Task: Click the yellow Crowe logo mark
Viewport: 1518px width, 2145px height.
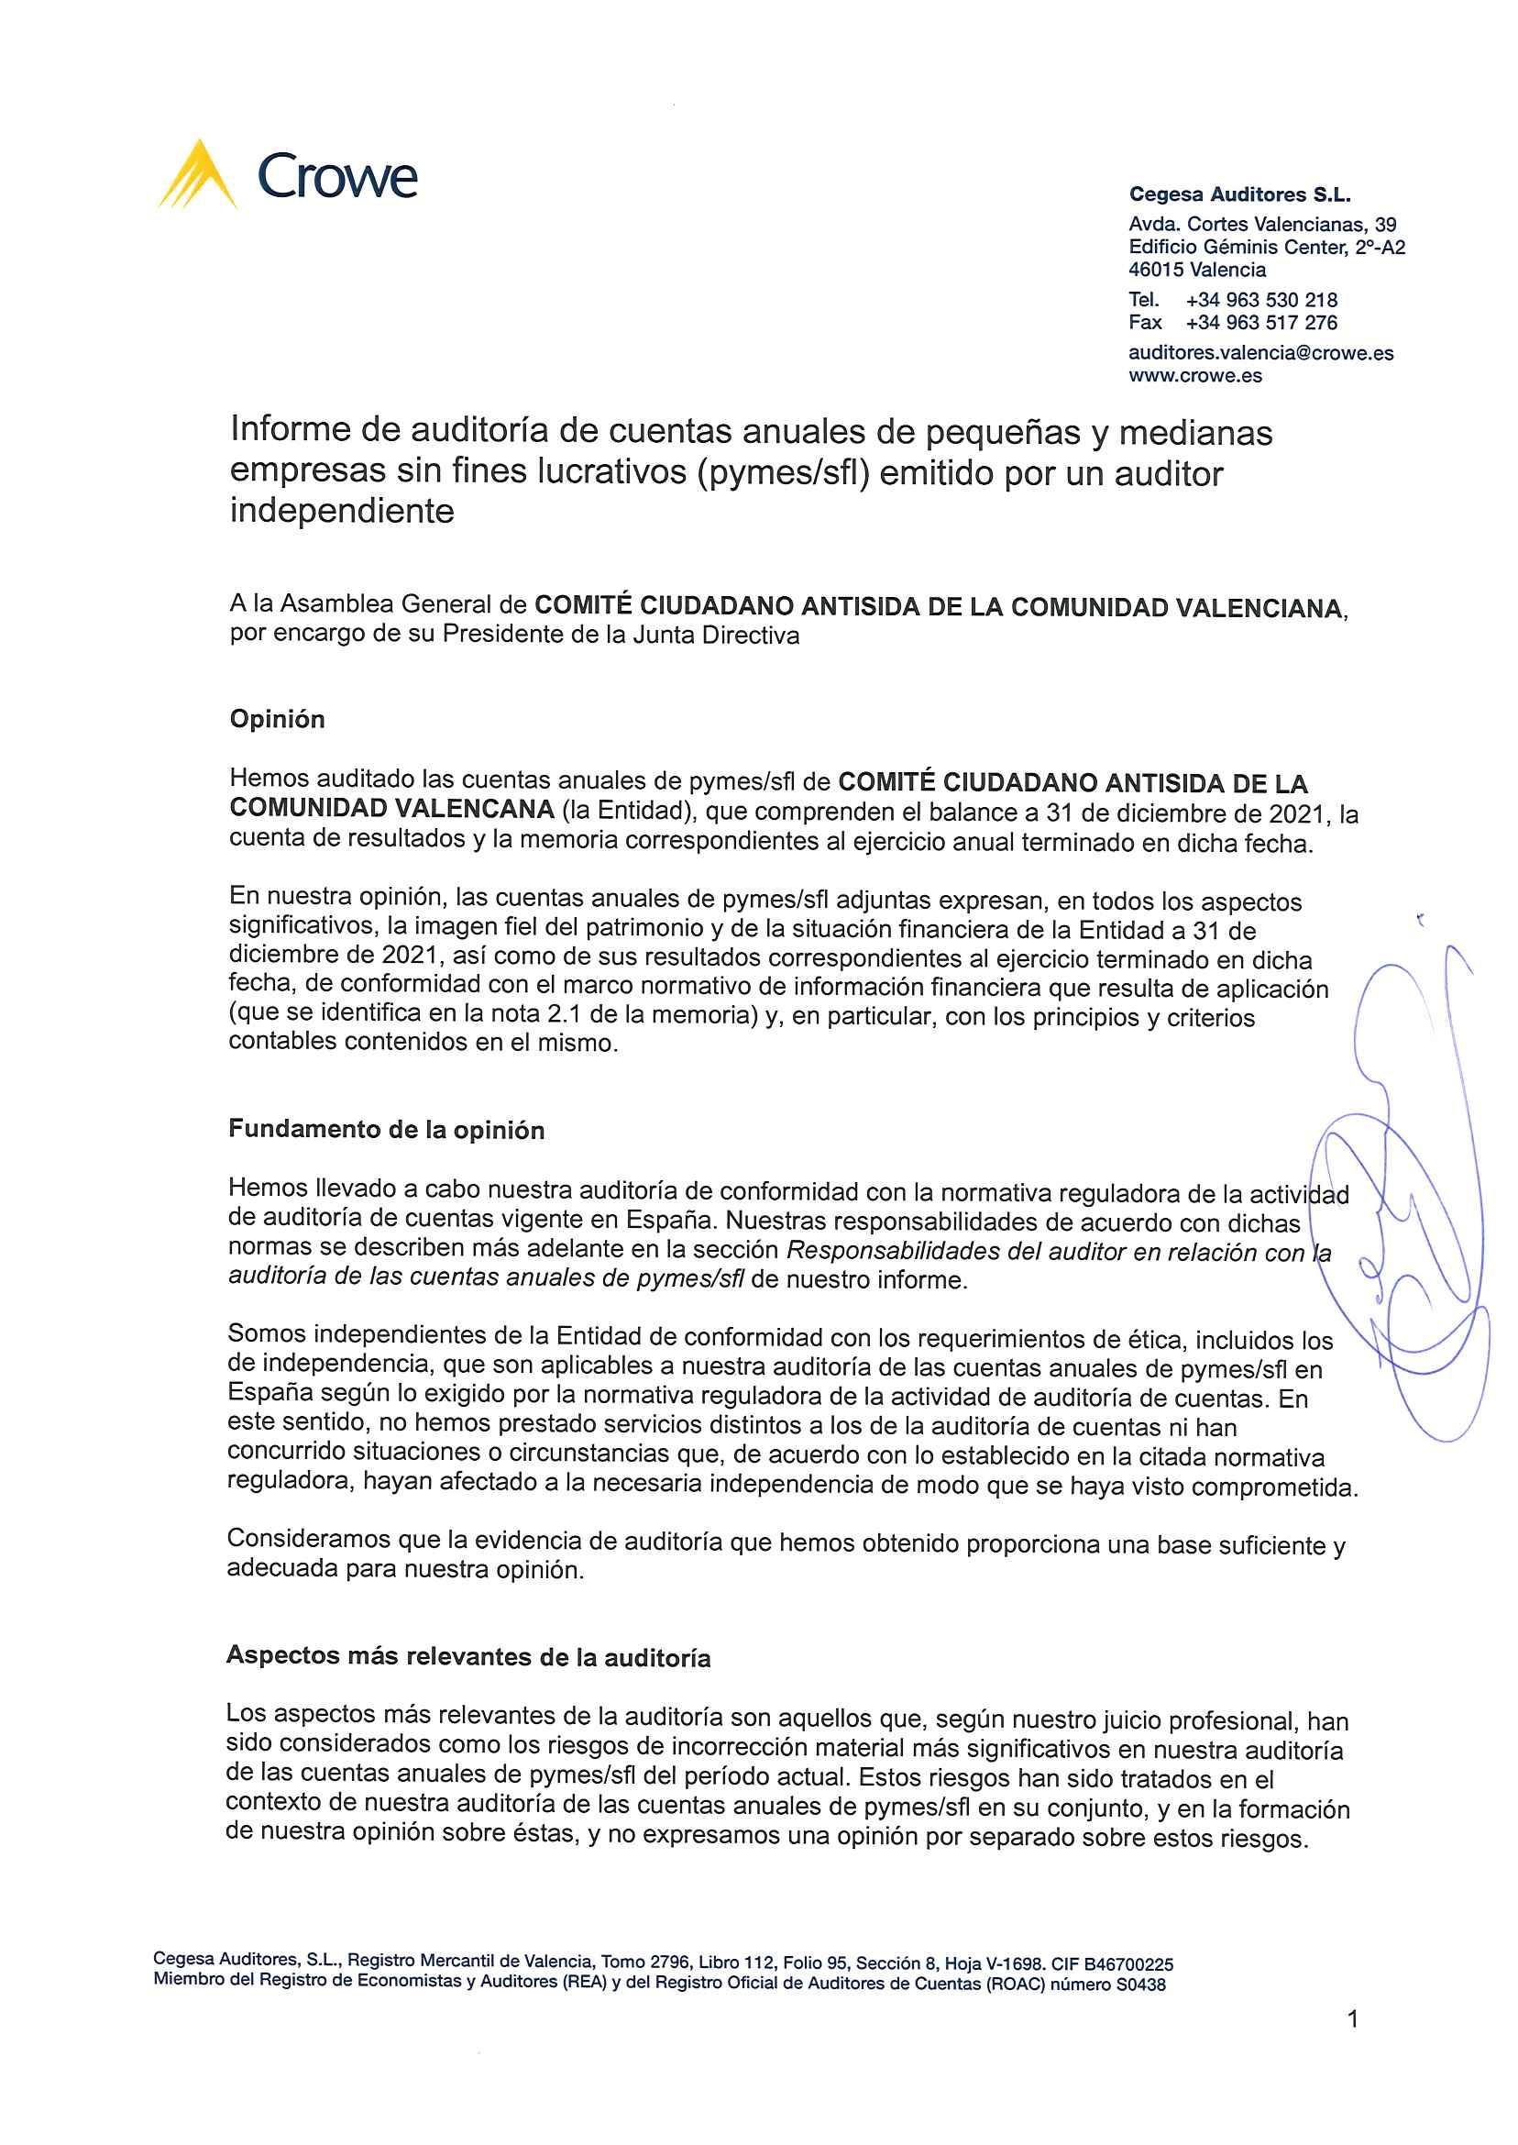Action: pos(198,175)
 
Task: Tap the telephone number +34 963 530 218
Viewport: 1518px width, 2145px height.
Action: pos(1261,300)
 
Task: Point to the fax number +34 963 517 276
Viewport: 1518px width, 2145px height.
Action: pos(1261,323)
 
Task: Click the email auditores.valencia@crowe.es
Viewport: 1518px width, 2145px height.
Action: pos(1261,353)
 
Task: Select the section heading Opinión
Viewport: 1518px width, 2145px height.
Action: pos(277,719)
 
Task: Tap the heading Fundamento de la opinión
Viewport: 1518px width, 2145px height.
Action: pos(386,1130)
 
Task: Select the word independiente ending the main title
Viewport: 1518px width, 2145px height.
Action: pos(341,513)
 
